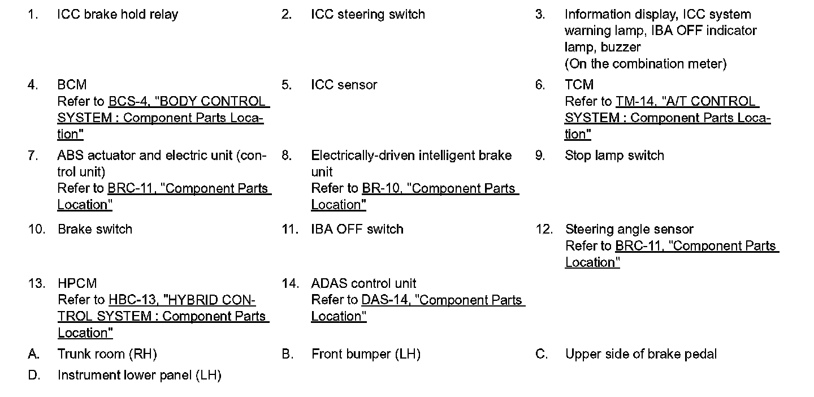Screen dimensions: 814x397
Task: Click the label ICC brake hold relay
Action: (x=118, y=15)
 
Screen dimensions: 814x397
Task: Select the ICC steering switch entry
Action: (x=368, y=15)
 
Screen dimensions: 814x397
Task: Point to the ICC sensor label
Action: (x=344, y=85)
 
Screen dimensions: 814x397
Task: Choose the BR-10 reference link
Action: (x=380, y=189)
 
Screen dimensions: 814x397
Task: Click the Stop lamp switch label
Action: (x=614, y=156)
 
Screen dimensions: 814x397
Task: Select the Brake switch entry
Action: (x=95, y=230)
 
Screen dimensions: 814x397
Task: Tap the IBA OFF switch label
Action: (x=357, y=230)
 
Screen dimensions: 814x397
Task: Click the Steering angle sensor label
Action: (x=629, y=230)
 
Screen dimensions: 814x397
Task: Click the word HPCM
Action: (x=77, y=283)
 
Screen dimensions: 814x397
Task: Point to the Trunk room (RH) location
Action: (x=107, y=355)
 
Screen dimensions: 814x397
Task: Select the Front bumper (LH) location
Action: (x=366, y=355)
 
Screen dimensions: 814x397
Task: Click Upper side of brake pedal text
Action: (x=640, y=355)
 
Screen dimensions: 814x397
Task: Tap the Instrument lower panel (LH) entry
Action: (x=139, y=376)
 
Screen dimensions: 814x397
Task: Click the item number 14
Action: (x=290, y=283)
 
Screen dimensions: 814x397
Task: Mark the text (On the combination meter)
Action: (x=646, y=64)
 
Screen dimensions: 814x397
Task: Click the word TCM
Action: (x=579, y=85)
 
